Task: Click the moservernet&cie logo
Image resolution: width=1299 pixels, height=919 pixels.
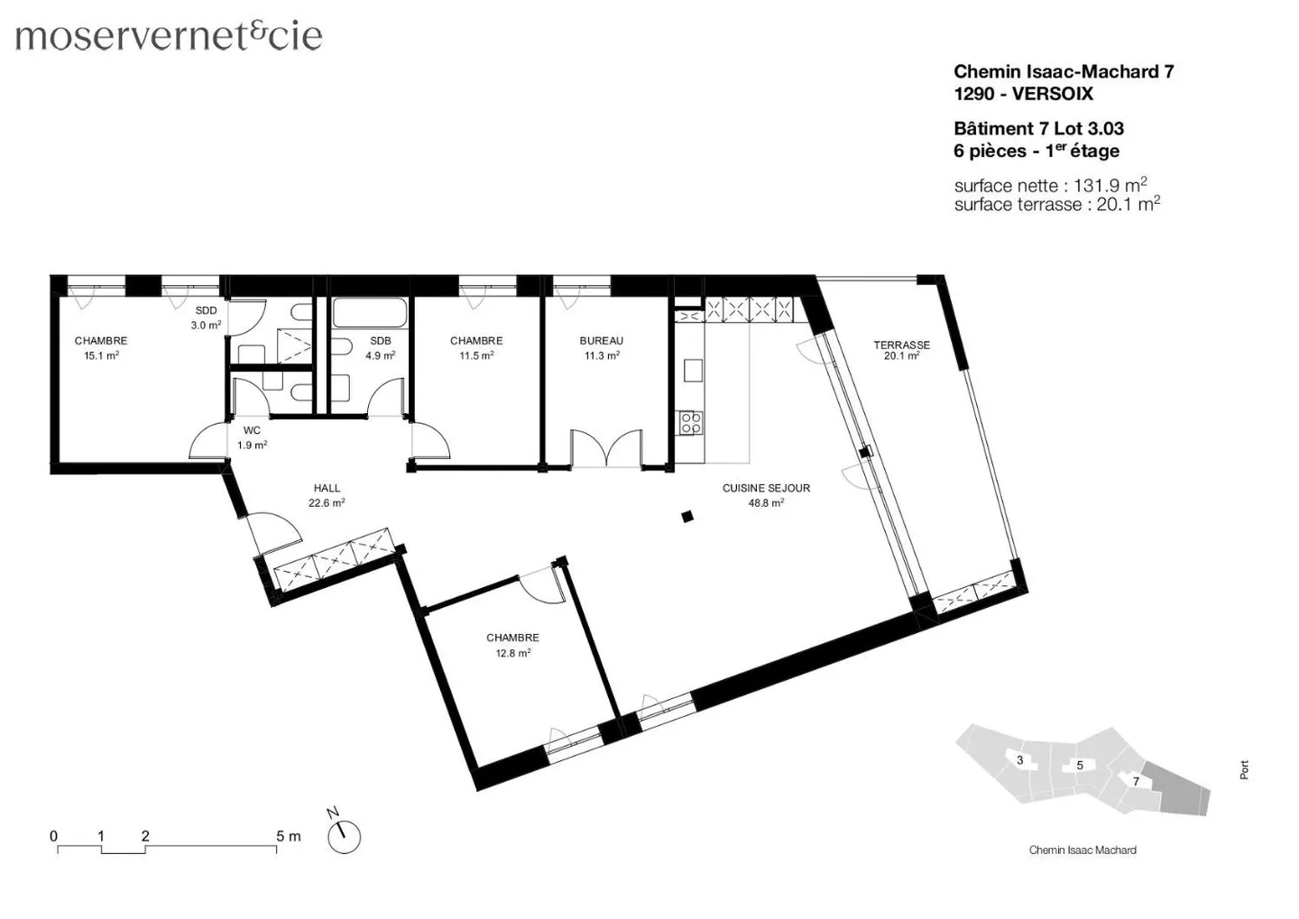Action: pos(169,35)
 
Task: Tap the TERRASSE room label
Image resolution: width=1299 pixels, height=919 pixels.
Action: pos(901,345)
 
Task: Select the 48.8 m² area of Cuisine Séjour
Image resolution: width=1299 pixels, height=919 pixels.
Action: pos(766,503)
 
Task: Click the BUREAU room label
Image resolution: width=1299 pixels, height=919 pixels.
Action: pos(601,340)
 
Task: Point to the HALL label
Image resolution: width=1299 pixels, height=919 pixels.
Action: pos(327,488)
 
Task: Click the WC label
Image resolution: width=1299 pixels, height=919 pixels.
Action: pos(252,430)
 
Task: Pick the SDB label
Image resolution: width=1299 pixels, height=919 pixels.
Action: pos(380,340)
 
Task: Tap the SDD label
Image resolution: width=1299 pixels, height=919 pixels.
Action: pos(206,310)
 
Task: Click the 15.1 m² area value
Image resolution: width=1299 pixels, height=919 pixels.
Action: pos(101,355)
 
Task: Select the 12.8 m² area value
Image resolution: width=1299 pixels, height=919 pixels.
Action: pos(512,653)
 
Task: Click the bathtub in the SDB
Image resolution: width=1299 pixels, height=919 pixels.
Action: pos(370,313)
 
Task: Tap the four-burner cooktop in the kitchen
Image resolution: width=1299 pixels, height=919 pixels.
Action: pos(690,422)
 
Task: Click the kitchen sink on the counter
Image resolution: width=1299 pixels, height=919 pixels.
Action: pos(693,370)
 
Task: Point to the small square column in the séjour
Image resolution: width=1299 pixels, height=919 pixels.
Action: pos(687,517)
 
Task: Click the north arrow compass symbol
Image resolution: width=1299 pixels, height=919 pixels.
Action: pos(343,835)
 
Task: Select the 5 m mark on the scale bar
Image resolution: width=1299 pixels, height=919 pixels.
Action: pos(288,836)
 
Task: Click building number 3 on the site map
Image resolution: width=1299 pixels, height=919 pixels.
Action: pos(1020,760)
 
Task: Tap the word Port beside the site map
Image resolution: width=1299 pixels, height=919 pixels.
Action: pos(1244,770)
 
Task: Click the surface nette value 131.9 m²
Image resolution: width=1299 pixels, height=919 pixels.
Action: pos(1110,185)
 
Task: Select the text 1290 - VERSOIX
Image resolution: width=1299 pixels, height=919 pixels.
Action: pos(1023,94)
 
